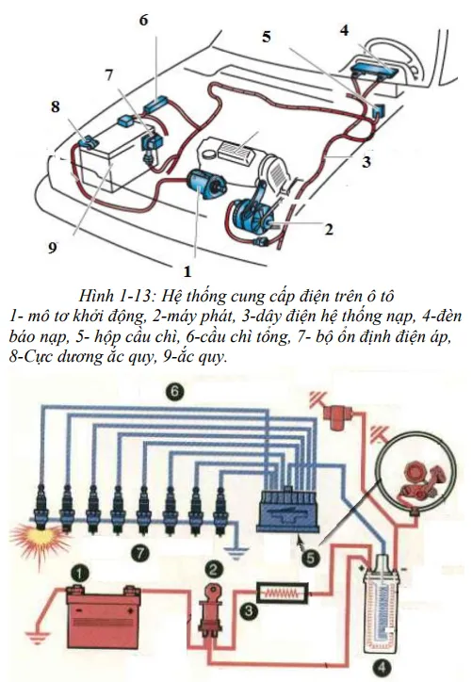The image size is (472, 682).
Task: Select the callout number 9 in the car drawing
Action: pyautogui.click(x=53, y=247)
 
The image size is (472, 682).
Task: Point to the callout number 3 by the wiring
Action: pyautogui.click(x=366, y=161)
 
